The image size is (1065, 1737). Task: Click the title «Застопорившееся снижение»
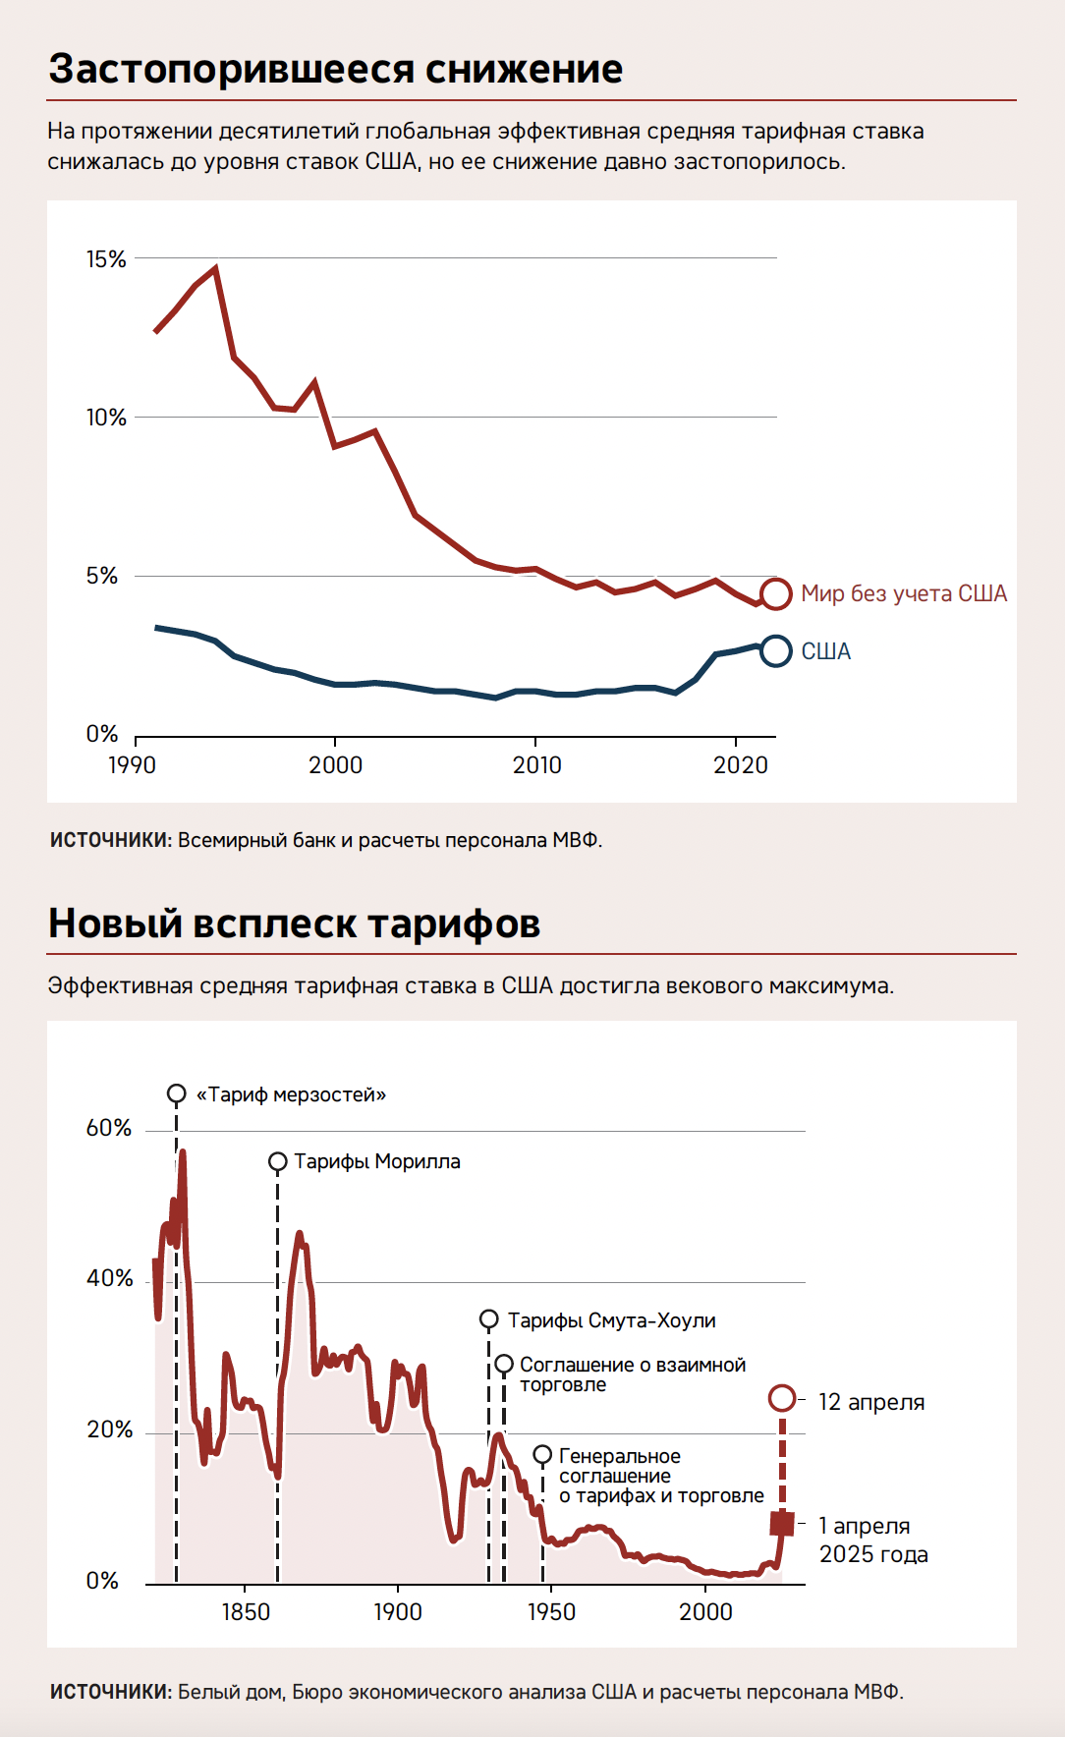click(335, 70)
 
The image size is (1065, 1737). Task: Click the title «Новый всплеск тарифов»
click(294, 924)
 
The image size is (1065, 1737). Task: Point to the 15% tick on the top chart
click(106, 259)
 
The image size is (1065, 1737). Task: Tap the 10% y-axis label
click(106, 418)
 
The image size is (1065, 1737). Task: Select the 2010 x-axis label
click(536, 765)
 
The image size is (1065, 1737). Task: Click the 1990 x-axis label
click(132, 765)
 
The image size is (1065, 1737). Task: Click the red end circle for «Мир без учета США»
click(776, 593)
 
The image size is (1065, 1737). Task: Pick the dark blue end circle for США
click(776, 650)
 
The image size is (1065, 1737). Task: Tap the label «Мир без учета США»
click(904, 593)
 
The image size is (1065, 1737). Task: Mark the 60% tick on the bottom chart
click(109, 1128)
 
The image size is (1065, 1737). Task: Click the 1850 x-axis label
click(245, 1612)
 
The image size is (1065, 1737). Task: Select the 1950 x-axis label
click(551, 1612)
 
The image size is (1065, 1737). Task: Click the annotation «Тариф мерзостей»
click(291, 1094)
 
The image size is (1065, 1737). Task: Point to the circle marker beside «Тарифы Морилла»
click(278, 1162)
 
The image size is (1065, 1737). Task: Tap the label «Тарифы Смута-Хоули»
click(611, 1320)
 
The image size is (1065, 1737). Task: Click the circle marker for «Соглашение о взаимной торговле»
click(504, 1365)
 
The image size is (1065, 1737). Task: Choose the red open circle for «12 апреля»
click(782, 1398)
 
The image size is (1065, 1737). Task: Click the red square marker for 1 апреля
click(782, 1524)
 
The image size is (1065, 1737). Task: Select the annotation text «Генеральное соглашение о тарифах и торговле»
click(660, 1476)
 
